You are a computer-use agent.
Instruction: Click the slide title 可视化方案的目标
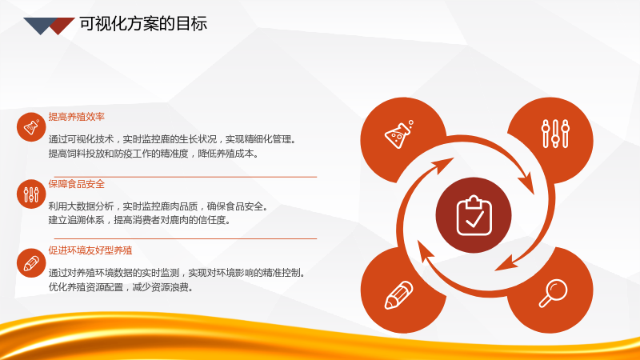coord(143,24)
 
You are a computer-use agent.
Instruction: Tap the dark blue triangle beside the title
coord(39,25)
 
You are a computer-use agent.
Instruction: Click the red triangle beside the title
coord(62,25)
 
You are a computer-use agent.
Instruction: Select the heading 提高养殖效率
coord(76,117)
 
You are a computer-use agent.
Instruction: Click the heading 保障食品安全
coord(76,184)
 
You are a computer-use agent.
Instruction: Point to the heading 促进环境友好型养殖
coord(90,250)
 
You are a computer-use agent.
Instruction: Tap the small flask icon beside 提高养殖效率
coord(31,127)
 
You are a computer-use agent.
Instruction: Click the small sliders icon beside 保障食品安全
coord(31,194)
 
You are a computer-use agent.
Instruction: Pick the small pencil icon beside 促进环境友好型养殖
coord(31,263)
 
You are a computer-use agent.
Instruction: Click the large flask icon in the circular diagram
coord(398,134)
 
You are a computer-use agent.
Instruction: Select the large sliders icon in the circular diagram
coord(555,134)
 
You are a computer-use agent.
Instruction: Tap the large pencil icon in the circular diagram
coord(398,294)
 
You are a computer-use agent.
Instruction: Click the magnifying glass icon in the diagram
coord(553,293)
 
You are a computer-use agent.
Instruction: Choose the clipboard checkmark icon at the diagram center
coord(474,215)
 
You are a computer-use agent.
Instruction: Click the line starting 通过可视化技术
coord(172,139)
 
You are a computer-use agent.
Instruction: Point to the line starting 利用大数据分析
coord(158,206)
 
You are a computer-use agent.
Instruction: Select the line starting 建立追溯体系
coord(139,220)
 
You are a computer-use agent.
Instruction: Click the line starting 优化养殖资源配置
coord(121,287)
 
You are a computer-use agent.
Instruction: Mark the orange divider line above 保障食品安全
coord(186,177)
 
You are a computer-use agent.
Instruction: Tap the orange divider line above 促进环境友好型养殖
coord(186,238)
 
